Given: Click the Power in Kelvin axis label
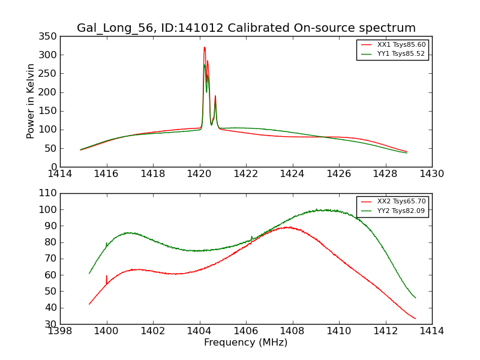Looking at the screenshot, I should click(31, 101).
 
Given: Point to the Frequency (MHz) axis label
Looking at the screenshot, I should click(246, 343).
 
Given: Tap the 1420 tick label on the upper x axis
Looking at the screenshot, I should click(199, 174).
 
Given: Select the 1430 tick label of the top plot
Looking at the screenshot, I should click(432, 174).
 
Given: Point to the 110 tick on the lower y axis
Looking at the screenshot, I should click(49, 194).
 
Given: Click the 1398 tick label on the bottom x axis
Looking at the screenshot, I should click(60, 331).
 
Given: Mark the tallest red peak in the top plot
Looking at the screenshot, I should click(204, 47).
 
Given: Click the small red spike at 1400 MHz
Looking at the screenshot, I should click(107, 277).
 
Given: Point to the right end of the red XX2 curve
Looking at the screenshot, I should click(415, 319).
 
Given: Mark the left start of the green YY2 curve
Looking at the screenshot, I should click(89, 274).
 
